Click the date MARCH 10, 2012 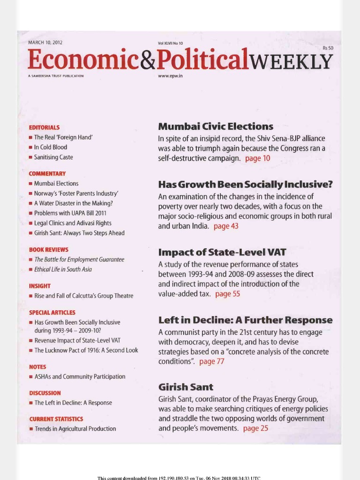click(x=45, y=43)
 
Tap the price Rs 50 click(x=327, y=48)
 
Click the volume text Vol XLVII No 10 click(x=171, y=43)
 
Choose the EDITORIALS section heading click(x=44, y=127)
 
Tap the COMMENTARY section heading click(x=47, y=173)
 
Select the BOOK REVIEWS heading click(x=48, y=250)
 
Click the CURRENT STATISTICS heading click(x=56, y=419)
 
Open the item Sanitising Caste click(x=53, y=157)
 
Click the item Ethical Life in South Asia click(x=63, y=270)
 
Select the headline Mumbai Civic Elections click(x=216, y=127)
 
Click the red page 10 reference click(x=257, y=158)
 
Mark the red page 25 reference click(x=255, y=428)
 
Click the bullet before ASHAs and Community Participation click(x=31, y=377)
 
